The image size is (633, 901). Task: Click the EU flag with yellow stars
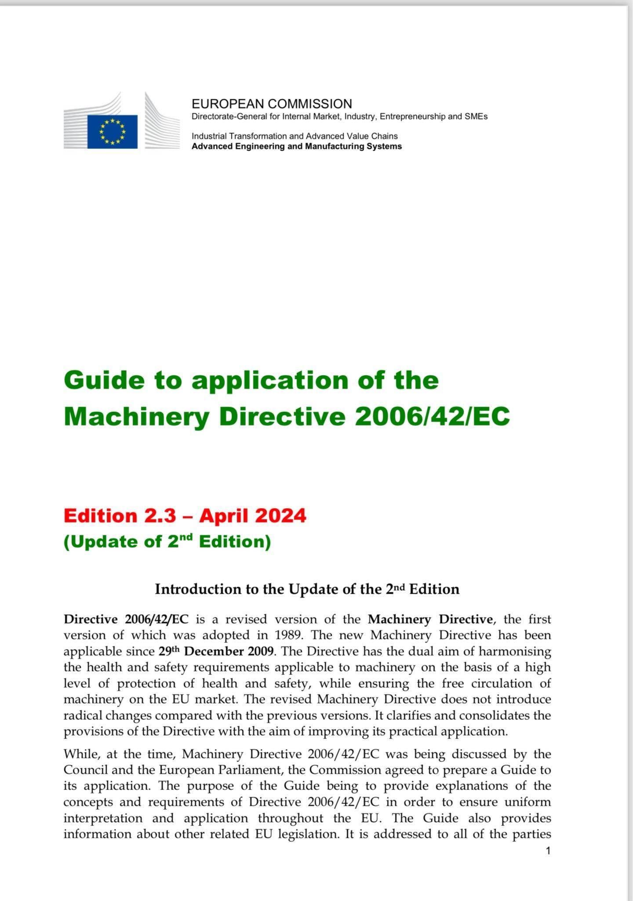pos(112,131)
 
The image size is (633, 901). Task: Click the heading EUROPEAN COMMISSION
pos(272,104)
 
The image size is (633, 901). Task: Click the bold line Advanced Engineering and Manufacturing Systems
pos(296,147)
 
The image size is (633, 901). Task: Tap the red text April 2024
pos(252,515)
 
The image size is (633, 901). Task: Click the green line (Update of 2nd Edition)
pos(167,541)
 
